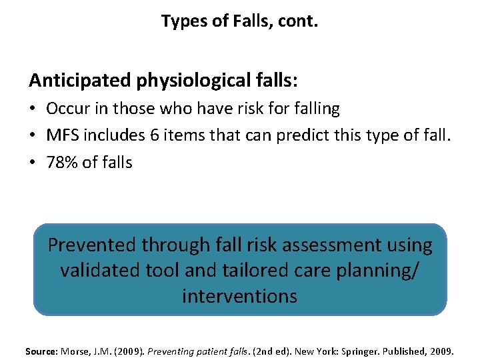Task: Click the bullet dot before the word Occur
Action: (x=34, y=109)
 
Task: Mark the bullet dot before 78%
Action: (x=34, y=162)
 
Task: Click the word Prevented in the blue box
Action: (x=92, y=245)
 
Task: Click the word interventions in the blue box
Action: (x=240, y=296)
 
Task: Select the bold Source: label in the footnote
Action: (x=41, y=351)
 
